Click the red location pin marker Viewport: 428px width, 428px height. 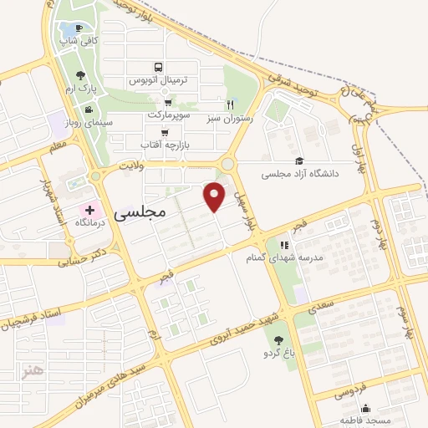click(x=216, y=196)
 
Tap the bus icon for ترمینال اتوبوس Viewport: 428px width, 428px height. click(x=158, y=67)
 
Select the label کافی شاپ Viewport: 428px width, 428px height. click(x=83, y=39)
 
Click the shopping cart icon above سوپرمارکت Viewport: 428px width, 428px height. click(x=168, y=101)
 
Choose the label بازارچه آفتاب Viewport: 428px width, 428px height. click(x=161, y=145)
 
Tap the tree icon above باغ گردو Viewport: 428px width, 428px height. click(x=278, y=339)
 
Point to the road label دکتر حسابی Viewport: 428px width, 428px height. click(x=84, y=257)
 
